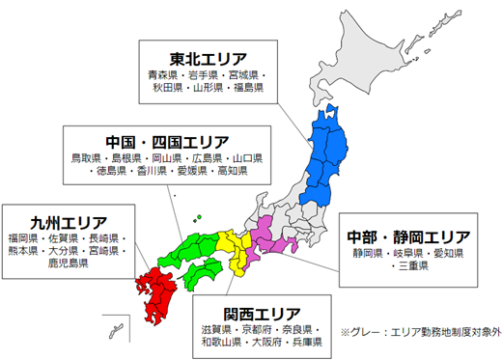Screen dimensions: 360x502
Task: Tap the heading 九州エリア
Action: click(68, 220)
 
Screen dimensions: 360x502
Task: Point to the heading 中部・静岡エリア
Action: click(408, 235)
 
